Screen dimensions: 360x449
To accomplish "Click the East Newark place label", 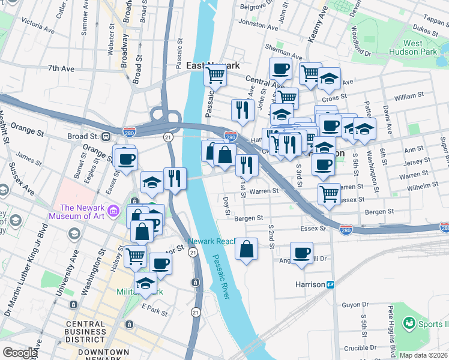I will pyautogui.click(x=213, y=65).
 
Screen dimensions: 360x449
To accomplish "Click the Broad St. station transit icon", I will pyautogui.click(x=106, y=136).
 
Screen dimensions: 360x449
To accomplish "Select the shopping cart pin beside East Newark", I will pyautogui.click(x=214, y=75).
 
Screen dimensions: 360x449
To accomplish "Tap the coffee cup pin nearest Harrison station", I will pyautogui.click(x=301, y=252).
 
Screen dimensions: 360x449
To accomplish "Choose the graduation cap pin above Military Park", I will pyautogui.click(x=145, y=283).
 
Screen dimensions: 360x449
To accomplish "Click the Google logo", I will pyautogui.click(x=19, y=352).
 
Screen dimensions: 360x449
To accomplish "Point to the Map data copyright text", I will pyautogui.click(x=423, y=355).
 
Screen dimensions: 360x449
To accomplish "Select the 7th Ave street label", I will pyautogui.click(x=61, y=69).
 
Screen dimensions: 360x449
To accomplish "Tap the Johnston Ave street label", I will pyautogui.click(x=258, y=26).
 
